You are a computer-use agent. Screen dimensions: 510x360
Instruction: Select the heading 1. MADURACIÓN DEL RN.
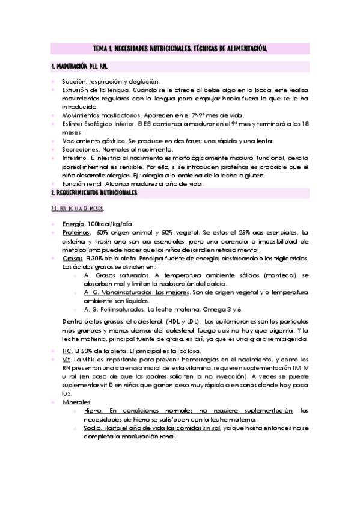(x=81, y=66)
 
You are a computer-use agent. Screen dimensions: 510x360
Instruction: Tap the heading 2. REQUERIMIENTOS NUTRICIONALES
(x=94, y=192)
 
